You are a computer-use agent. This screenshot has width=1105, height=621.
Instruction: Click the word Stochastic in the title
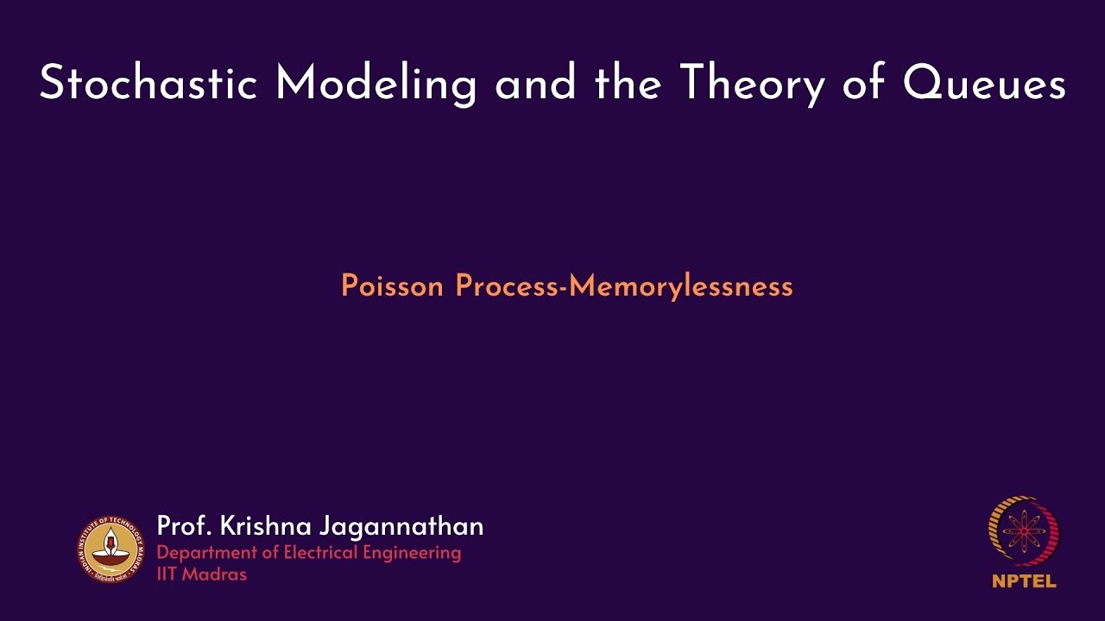pos(148,85)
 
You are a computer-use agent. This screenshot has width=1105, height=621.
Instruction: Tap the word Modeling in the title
pos(376,85)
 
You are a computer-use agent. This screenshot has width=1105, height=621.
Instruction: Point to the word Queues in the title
pos(984,85)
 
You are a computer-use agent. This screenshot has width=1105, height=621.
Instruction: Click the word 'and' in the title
pos(535,85)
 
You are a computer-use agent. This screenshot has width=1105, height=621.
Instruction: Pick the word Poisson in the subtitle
pos(394,285)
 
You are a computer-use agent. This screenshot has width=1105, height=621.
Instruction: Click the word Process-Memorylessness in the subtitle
pos(624,285)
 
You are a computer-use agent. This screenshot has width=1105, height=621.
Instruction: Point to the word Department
pos(204,553)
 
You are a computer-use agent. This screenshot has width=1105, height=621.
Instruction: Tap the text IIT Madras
pos(202,574)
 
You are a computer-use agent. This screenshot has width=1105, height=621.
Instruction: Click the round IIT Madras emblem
pos(109,549)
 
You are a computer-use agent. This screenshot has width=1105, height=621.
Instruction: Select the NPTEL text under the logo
pos(1024,581)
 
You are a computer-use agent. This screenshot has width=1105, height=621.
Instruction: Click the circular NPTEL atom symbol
pos(1024,530)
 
